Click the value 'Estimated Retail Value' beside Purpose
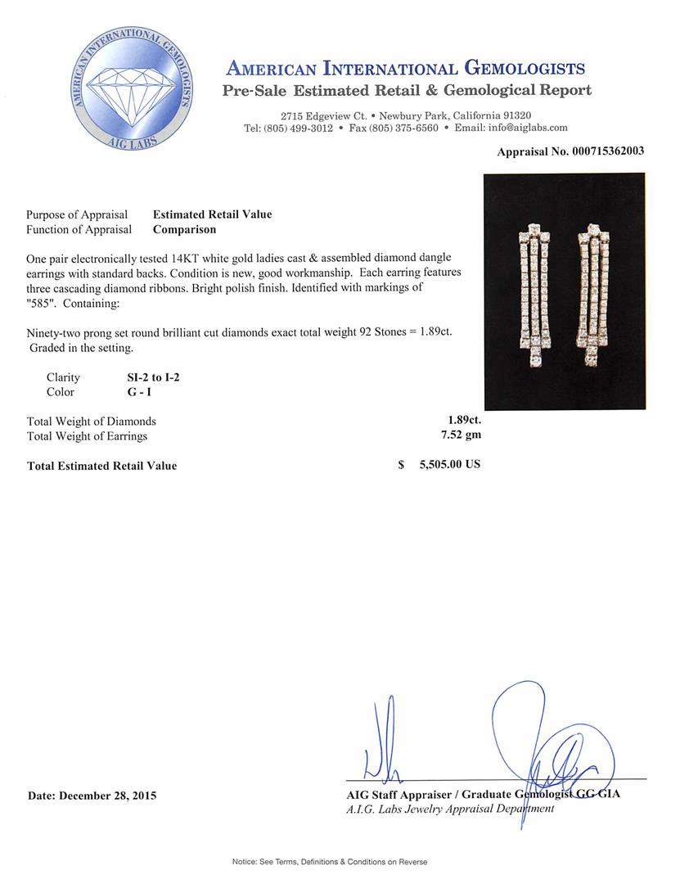(212, 214)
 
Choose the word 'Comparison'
(184, 230)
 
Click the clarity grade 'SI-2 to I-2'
(146, 377)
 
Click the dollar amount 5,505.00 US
(449, 465)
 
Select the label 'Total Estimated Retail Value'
(101, 466)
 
